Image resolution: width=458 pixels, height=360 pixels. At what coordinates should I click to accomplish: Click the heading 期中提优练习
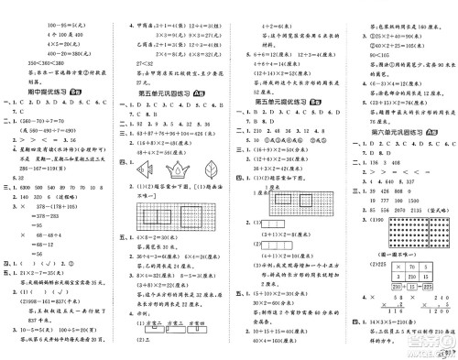pyautogui.click(x=41, y=93)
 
